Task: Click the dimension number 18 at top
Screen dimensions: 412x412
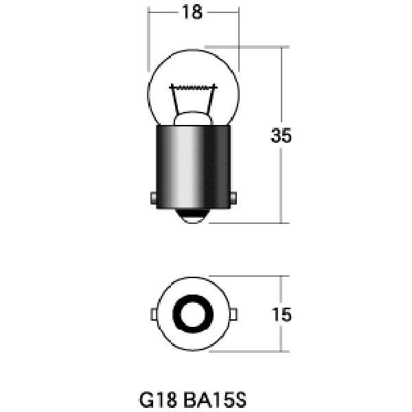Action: tap(192, 12)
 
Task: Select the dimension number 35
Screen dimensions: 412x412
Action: tap(281, 135)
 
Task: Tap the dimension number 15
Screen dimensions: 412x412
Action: tap(282, 314)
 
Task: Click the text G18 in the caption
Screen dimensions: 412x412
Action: tap(158, 400)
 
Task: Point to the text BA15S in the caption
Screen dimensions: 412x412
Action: tap(215, 400)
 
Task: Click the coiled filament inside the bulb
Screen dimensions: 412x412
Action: tap(194, 87)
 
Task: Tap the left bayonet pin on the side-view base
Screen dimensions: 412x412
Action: tap(153, 198)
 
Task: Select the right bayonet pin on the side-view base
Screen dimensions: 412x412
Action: tap(233, 198)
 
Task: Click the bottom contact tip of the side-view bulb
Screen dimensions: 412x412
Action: tap(192, 216)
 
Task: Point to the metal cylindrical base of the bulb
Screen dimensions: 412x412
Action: tap(193, 167)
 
